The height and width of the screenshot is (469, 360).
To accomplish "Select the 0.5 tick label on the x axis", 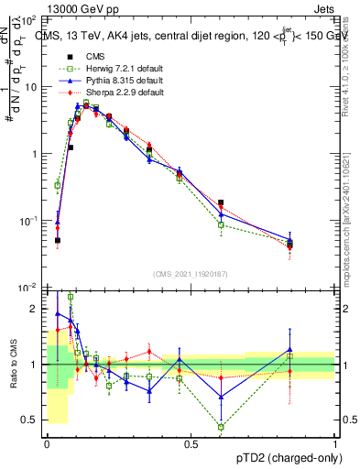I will (191, 443).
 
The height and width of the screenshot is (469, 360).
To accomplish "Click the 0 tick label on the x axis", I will (47, 443).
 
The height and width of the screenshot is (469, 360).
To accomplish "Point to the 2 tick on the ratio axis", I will (34, 310).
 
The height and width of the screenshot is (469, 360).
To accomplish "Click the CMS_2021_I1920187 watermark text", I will (191, 274).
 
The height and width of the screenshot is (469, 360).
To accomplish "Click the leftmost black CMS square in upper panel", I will (58, 241).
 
